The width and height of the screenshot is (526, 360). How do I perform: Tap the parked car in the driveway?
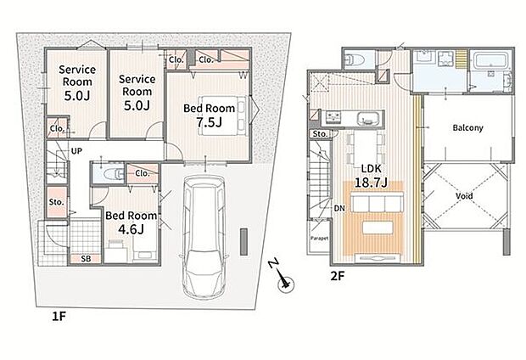coord(204,236)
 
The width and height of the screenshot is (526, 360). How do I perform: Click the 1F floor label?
coord(59,317)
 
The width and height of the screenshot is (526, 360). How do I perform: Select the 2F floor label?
coord(338,276)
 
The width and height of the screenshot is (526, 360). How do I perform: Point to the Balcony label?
coord(467,127)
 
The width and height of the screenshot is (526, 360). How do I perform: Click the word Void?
coord(464,195)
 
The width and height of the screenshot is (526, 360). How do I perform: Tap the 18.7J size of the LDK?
coord(371,183)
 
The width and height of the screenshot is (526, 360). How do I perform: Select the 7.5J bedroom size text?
coord(209,122)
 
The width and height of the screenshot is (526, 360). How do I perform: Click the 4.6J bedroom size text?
coord(131,229)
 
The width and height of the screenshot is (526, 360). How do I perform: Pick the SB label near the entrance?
coord(86,259)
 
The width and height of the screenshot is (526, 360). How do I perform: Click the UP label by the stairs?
coord(76,151)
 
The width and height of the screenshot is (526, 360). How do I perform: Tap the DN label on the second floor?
coord(339,209)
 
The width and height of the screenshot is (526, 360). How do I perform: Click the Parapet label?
coord(319,238)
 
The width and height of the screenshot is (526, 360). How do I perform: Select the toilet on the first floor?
coord(110,173)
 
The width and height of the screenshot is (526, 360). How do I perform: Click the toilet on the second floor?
coord(355,59)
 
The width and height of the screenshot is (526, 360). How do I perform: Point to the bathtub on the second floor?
coord(491,60)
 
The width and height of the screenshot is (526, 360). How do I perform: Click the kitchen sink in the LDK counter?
coord(368,119)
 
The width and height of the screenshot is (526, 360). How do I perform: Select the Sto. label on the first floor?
coord(56,202)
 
